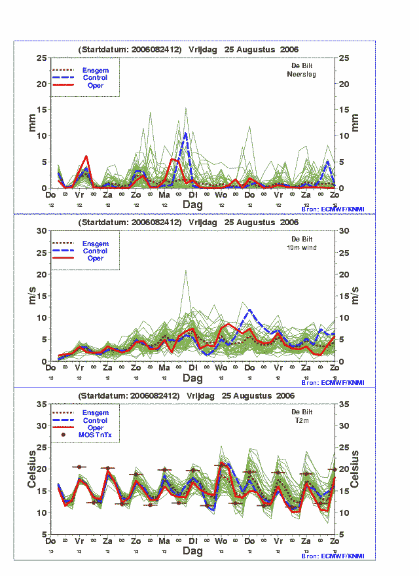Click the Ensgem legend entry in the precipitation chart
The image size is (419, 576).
95,70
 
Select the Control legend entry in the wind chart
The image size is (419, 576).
95,251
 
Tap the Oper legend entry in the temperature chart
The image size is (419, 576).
95,427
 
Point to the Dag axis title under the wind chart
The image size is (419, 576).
192,378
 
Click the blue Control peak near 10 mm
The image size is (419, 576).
186,134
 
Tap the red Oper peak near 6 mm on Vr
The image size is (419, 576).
86,156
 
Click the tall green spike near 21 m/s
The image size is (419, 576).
186,270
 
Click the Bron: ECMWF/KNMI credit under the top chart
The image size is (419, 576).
333,209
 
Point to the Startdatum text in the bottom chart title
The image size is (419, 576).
129,396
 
